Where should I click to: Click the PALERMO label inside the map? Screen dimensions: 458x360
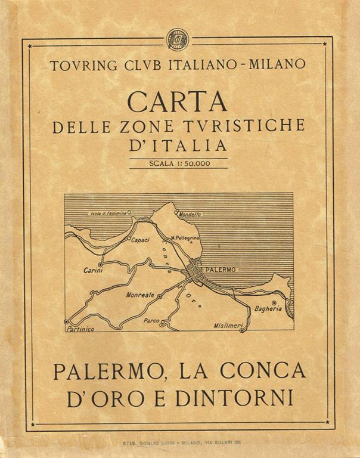(221, 270)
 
